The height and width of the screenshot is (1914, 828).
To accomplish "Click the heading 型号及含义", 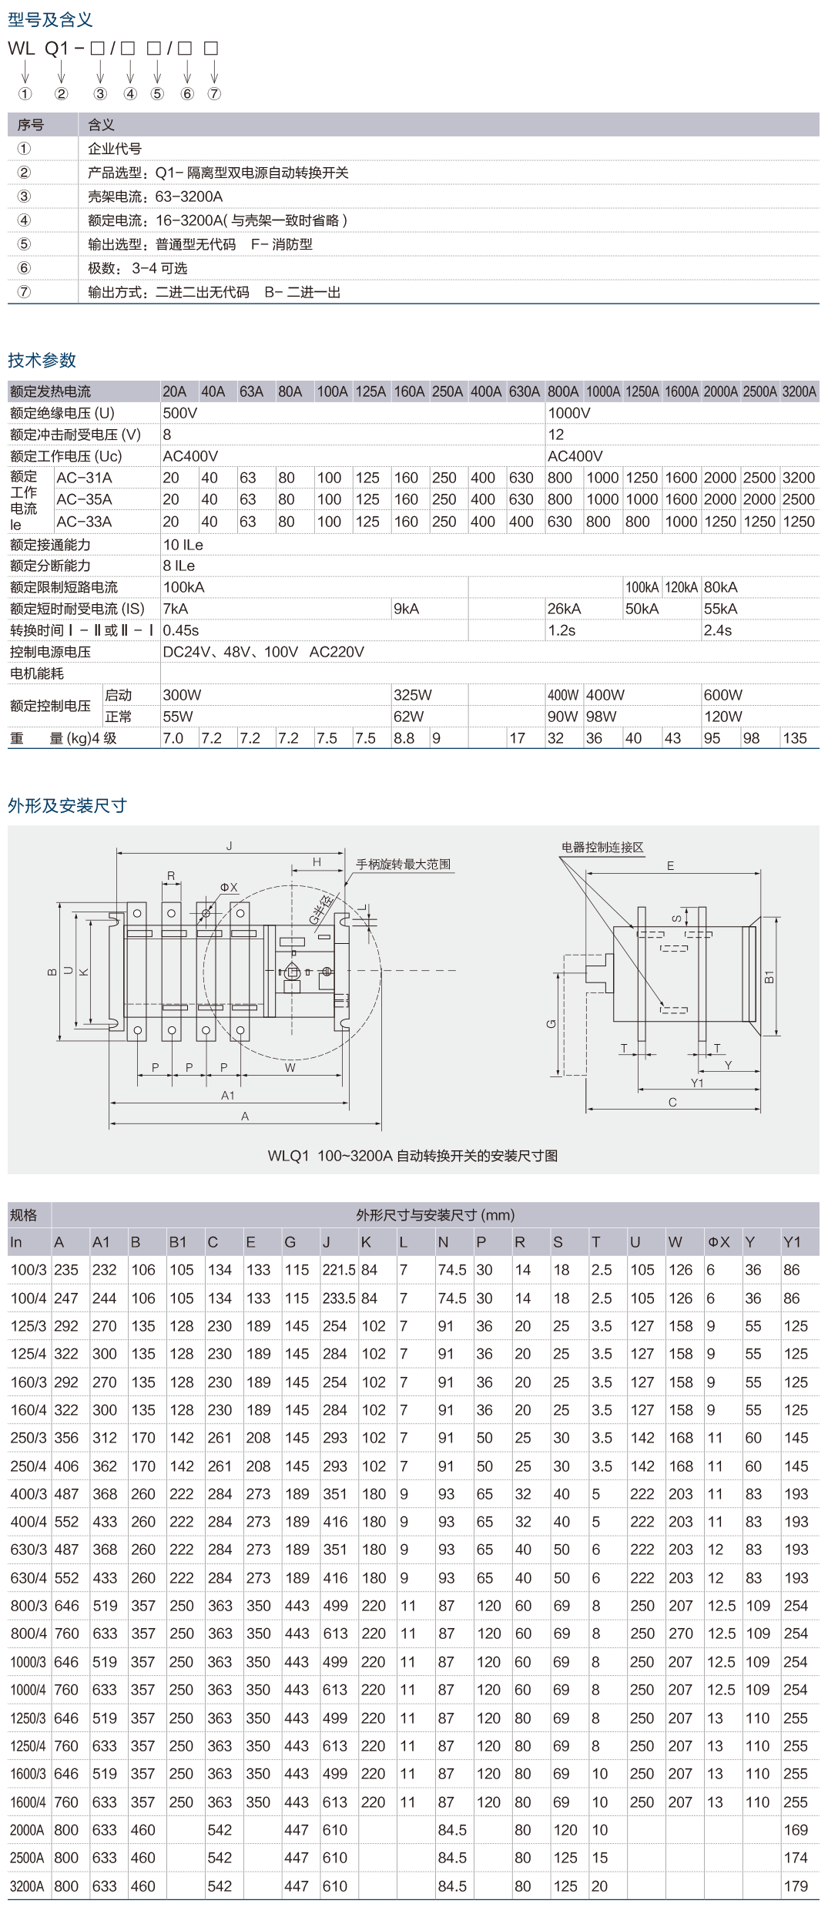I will coord(50,20).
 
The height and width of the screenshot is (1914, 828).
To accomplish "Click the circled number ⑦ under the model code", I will coord(214,94).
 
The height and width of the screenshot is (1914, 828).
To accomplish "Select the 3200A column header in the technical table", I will coord(799,391).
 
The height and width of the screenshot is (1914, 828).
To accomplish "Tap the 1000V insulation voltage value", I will coord(568,413).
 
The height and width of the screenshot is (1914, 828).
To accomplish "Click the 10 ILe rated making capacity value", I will coord(183,545).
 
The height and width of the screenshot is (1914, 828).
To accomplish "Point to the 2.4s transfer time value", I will coord(717,630).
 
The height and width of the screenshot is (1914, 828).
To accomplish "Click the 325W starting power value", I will coord(412,695).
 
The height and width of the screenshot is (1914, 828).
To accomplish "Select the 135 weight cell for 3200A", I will coord(794,738).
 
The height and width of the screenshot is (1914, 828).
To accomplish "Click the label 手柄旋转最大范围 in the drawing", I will coord(403,865).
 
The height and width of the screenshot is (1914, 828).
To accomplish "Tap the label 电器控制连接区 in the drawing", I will coord(602,848).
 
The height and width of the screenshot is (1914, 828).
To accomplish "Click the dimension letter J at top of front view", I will coord(230,846).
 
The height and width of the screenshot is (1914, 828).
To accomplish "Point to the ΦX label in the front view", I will coord(229,888).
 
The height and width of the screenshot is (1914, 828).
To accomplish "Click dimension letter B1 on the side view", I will coord(769,977).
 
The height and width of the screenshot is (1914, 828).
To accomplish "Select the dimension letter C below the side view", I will coord(672,1103).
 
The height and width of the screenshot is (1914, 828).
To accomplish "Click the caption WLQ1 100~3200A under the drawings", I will coord(412,1156).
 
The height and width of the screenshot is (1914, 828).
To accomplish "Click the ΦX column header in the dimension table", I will coord(718,1242).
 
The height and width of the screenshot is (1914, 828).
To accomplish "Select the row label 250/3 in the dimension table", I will coord(28,1438).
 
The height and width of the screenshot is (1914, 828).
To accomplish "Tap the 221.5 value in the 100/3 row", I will coord(338,1270).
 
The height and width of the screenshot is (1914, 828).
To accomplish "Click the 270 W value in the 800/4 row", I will coord(680,1634).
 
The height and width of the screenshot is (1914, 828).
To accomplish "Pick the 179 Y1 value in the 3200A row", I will coord(795,1886).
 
